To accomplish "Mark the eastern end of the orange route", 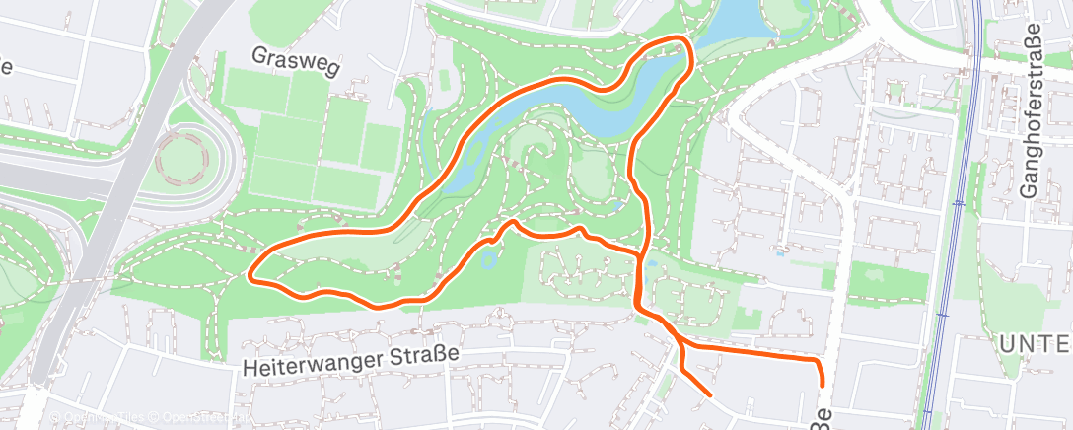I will point(821,386).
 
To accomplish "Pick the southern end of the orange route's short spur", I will point(709,395).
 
